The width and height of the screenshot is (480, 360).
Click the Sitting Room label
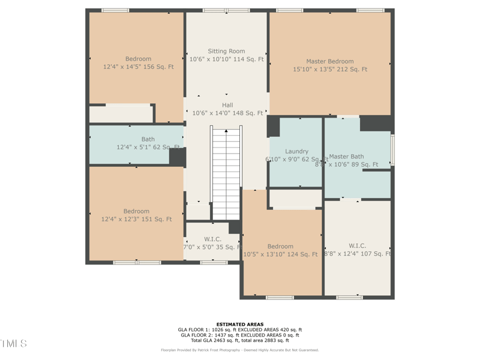pyautogui.click(x=226, y=52)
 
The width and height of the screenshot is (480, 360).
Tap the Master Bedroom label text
pyautogui.click(x=329, y=61)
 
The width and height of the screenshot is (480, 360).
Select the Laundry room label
pyautogui.click(x=296, y=152)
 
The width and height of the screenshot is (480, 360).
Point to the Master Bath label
pyautogui.click(x=346, y=157)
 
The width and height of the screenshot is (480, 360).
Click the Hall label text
pyautogui.click(x=227, y=105)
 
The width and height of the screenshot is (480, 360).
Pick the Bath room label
pyautogui.click(x=148, y=139)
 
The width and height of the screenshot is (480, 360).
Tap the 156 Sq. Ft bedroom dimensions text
pyautogui.click(x=138, y=67)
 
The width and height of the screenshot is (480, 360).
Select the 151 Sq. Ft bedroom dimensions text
pyautogui.click(x=136, y=220)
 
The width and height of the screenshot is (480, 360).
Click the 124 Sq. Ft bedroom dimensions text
pyautogui.click(x=280, y=254)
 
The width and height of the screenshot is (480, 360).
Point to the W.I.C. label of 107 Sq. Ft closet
pyautogui.click(x=357, y=246)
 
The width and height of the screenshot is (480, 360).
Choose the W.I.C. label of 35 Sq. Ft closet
pyautogui.click(x=212, y=239)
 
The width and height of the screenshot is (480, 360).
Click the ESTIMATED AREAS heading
pyautogui.click(x=239, y=325)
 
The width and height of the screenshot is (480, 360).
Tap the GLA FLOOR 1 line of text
pyautogui.click(x=239, y=330)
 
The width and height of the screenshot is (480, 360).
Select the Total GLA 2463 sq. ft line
pyautogui.click(x=239, y=340)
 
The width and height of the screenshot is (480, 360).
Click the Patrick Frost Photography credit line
pyautogui.click(x=239, y=350)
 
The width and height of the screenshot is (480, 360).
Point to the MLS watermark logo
pyautogui.click(x=13, y=343)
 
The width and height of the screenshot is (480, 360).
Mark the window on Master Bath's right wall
pyautogui.click(x=392, y=150)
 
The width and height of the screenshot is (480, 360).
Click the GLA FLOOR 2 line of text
pyautogui.click(x=239, y=335)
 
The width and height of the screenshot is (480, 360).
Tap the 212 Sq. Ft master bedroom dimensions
pyautogui.click(x=329, y=70)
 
